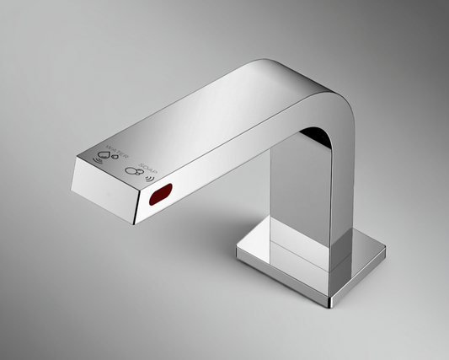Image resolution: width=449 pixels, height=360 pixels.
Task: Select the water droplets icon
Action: coord(107,154)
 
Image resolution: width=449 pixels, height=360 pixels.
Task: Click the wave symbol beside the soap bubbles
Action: coord(150,177)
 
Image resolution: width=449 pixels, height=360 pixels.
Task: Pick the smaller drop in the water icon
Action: coord(112,153)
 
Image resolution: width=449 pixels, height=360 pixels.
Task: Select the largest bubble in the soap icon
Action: coord(131,172)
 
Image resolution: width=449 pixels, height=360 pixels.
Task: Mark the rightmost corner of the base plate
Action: coord(385,251)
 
